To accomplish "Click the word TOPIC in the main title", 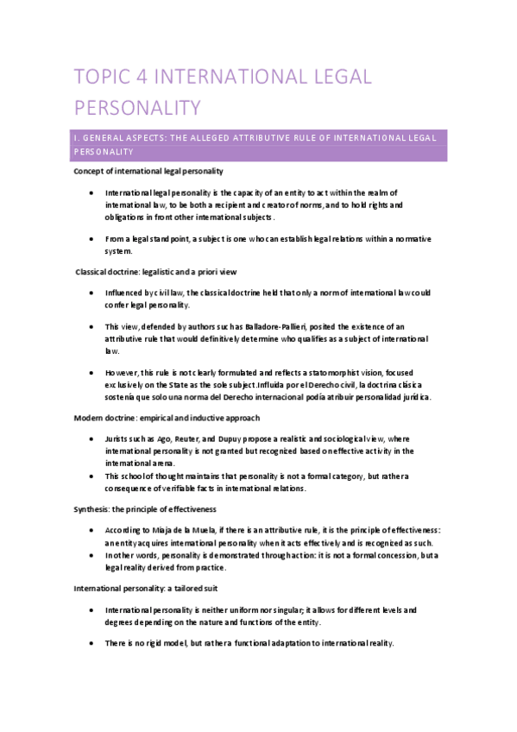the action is pyautogui.click(x=100, y=77).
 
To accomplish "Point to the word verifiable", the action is pyautogui.click(x=181, y=489).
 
